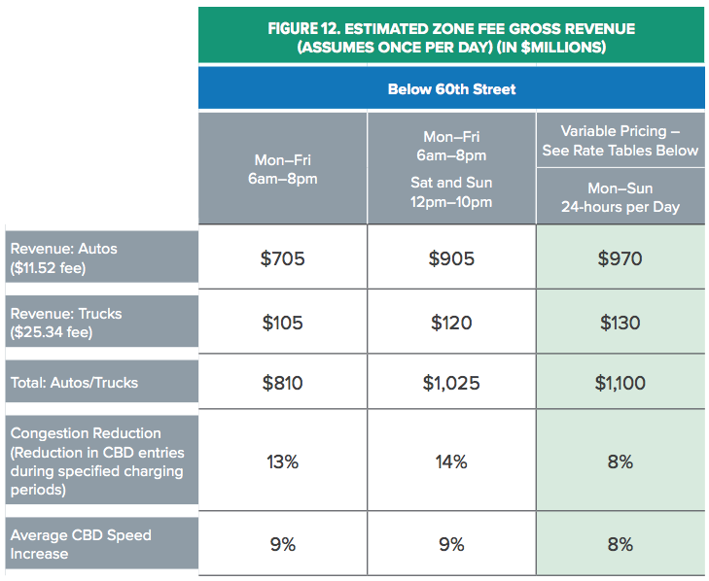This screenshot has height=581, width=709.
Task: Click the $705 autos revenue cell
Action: pos(283,258)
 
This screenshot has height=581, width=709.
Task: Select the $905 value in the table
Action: pos(451,258)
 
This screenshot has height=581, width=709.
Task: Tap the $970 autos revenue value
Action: pos(620,258)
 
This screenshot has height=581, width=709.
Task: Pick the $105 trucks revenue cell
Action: pos(283,323)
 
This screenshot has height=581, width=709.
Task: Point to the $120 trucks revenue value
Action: pos(451,323)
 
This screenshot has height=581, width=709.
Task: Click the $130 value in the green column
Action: pos(620,323)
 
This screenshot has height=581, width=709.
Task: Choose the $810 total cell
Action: pos(283,383)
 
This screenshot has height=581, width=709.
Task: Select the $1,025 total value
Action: pos(451,383)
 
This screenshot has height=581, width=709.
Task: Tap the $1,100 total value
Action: pos(620,383)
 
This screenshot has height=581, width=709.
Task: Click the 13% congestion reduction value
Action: pos(283,461)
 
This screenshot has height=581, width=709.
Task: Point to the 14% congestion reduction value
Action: pos(451,461)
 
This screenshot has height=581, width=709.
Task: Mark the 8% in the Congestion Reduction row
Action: pos(620,461)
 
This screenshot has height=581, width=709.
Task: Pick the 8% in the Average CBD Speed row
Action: pos(620,544)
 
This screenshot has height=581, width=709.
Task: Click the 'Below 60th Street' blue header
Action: pos(451,89)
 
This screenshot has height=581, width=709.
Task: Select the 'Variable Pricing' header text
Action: pos(620,130)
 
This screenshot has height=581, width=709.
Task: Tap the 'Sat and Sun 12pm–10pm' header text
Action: pos(451,192)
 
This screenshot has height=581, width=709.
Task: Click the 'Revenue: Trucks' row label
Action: pos(66,314)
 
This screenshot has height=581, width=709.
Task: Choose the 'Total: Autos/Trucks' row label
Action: pos(74,383)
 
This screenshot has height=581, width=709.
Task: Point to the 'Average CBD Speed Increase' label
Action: pos(81,544)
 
